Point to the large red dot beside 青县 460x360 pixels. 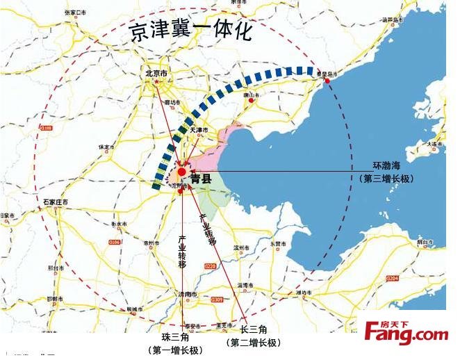click(x=181, y=172)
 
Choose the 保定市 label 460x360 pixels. click(x=106, y=147)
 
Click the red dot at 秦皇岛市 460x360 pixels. click(x=327, y=81)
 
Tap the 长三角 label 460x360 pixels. click(x=254, y=329)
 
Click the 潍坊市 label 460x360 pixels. click(x=305, y=293)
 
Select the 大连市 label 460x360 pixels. click(x=434, y=144)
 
